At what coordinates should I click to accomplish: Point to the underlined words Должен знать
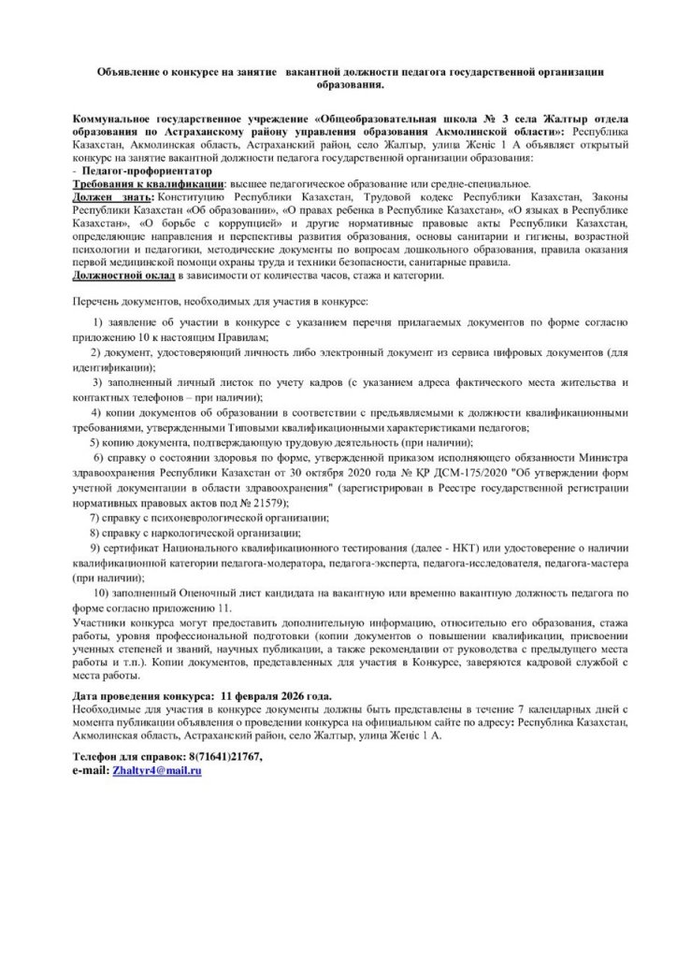pyautogui.click(x=111, y=197)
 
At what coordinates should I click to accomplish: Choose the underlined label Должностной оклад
pyautogui.click(x=122, y=276)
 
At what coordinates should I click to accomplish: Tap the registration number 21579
pyautogui.click(x=268, y=503)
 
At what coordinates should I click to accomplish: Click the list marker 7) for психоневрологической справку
pyautogui.click(x=95, y=517)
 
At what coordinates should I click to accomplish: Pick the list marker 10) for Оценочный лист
pyautogui.click(x=101, y=594)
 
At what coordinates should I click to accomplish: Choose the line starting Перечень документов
pyautogui.click(x=220, y=303)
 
